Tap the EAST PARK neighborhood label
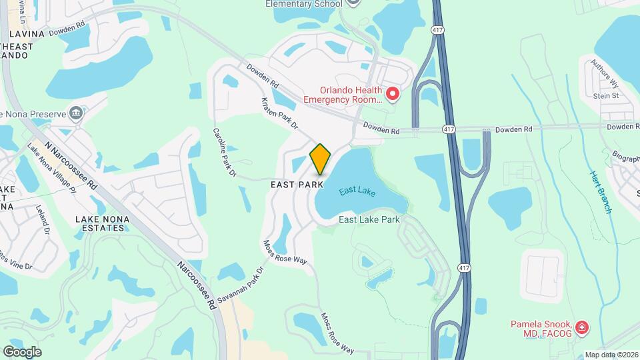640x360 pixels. click(x=297, y=185)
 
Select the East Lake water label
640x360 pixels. click(x=357, y=192)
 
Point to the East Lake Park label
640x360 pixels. click(x=369, y=219)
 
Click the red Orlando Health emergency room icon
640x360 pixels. click(x=393, y=95)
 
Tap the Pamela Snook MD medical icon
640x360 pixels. click(x=582, y=327)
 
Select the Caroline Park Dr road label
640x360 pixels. click(x=225, y=153)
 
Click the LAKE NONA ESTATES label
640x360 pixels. click(x=101, y=223)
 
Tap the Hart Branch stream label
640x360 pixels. click(x=600, y=192)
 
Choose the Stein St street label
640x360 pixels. click(x=606, y=95)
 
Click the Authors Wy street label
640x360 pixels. click(x=604, y=73)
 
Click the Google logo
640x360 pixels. click(x=22, y=351)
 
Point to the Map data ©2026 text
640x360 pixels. click(x=611, y=355)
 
